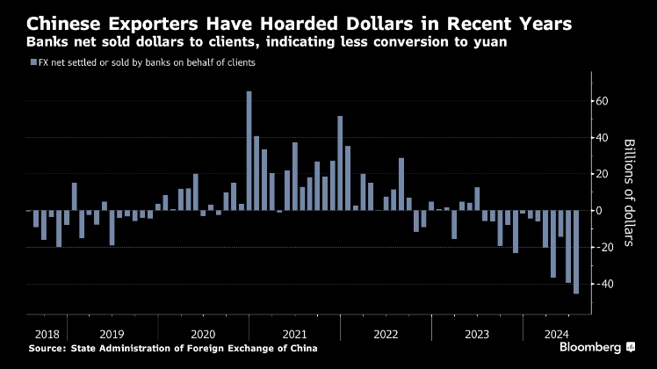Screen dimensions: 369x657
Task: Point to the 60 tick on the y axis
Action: [602, 101]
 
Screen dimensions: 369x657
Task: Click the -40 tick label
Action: [602, 284]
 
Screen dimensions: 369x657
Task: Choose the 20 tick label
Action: [602, 174]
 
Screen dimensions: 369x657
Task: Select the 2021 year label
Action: [294, 335]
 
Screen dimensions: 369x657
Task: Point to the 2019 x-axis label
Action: [111, 335]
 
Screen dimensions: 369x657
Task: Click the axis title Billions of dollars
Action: [629, 192]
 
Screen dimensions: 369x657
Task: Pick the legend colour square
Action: [32, 62]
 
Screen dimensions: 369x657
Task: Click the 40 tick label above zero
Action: [602, 137]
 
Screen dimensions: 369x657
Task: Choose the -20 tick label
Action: [602, 247]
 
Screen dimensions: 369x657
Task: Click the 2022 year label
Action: [386, 335]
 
